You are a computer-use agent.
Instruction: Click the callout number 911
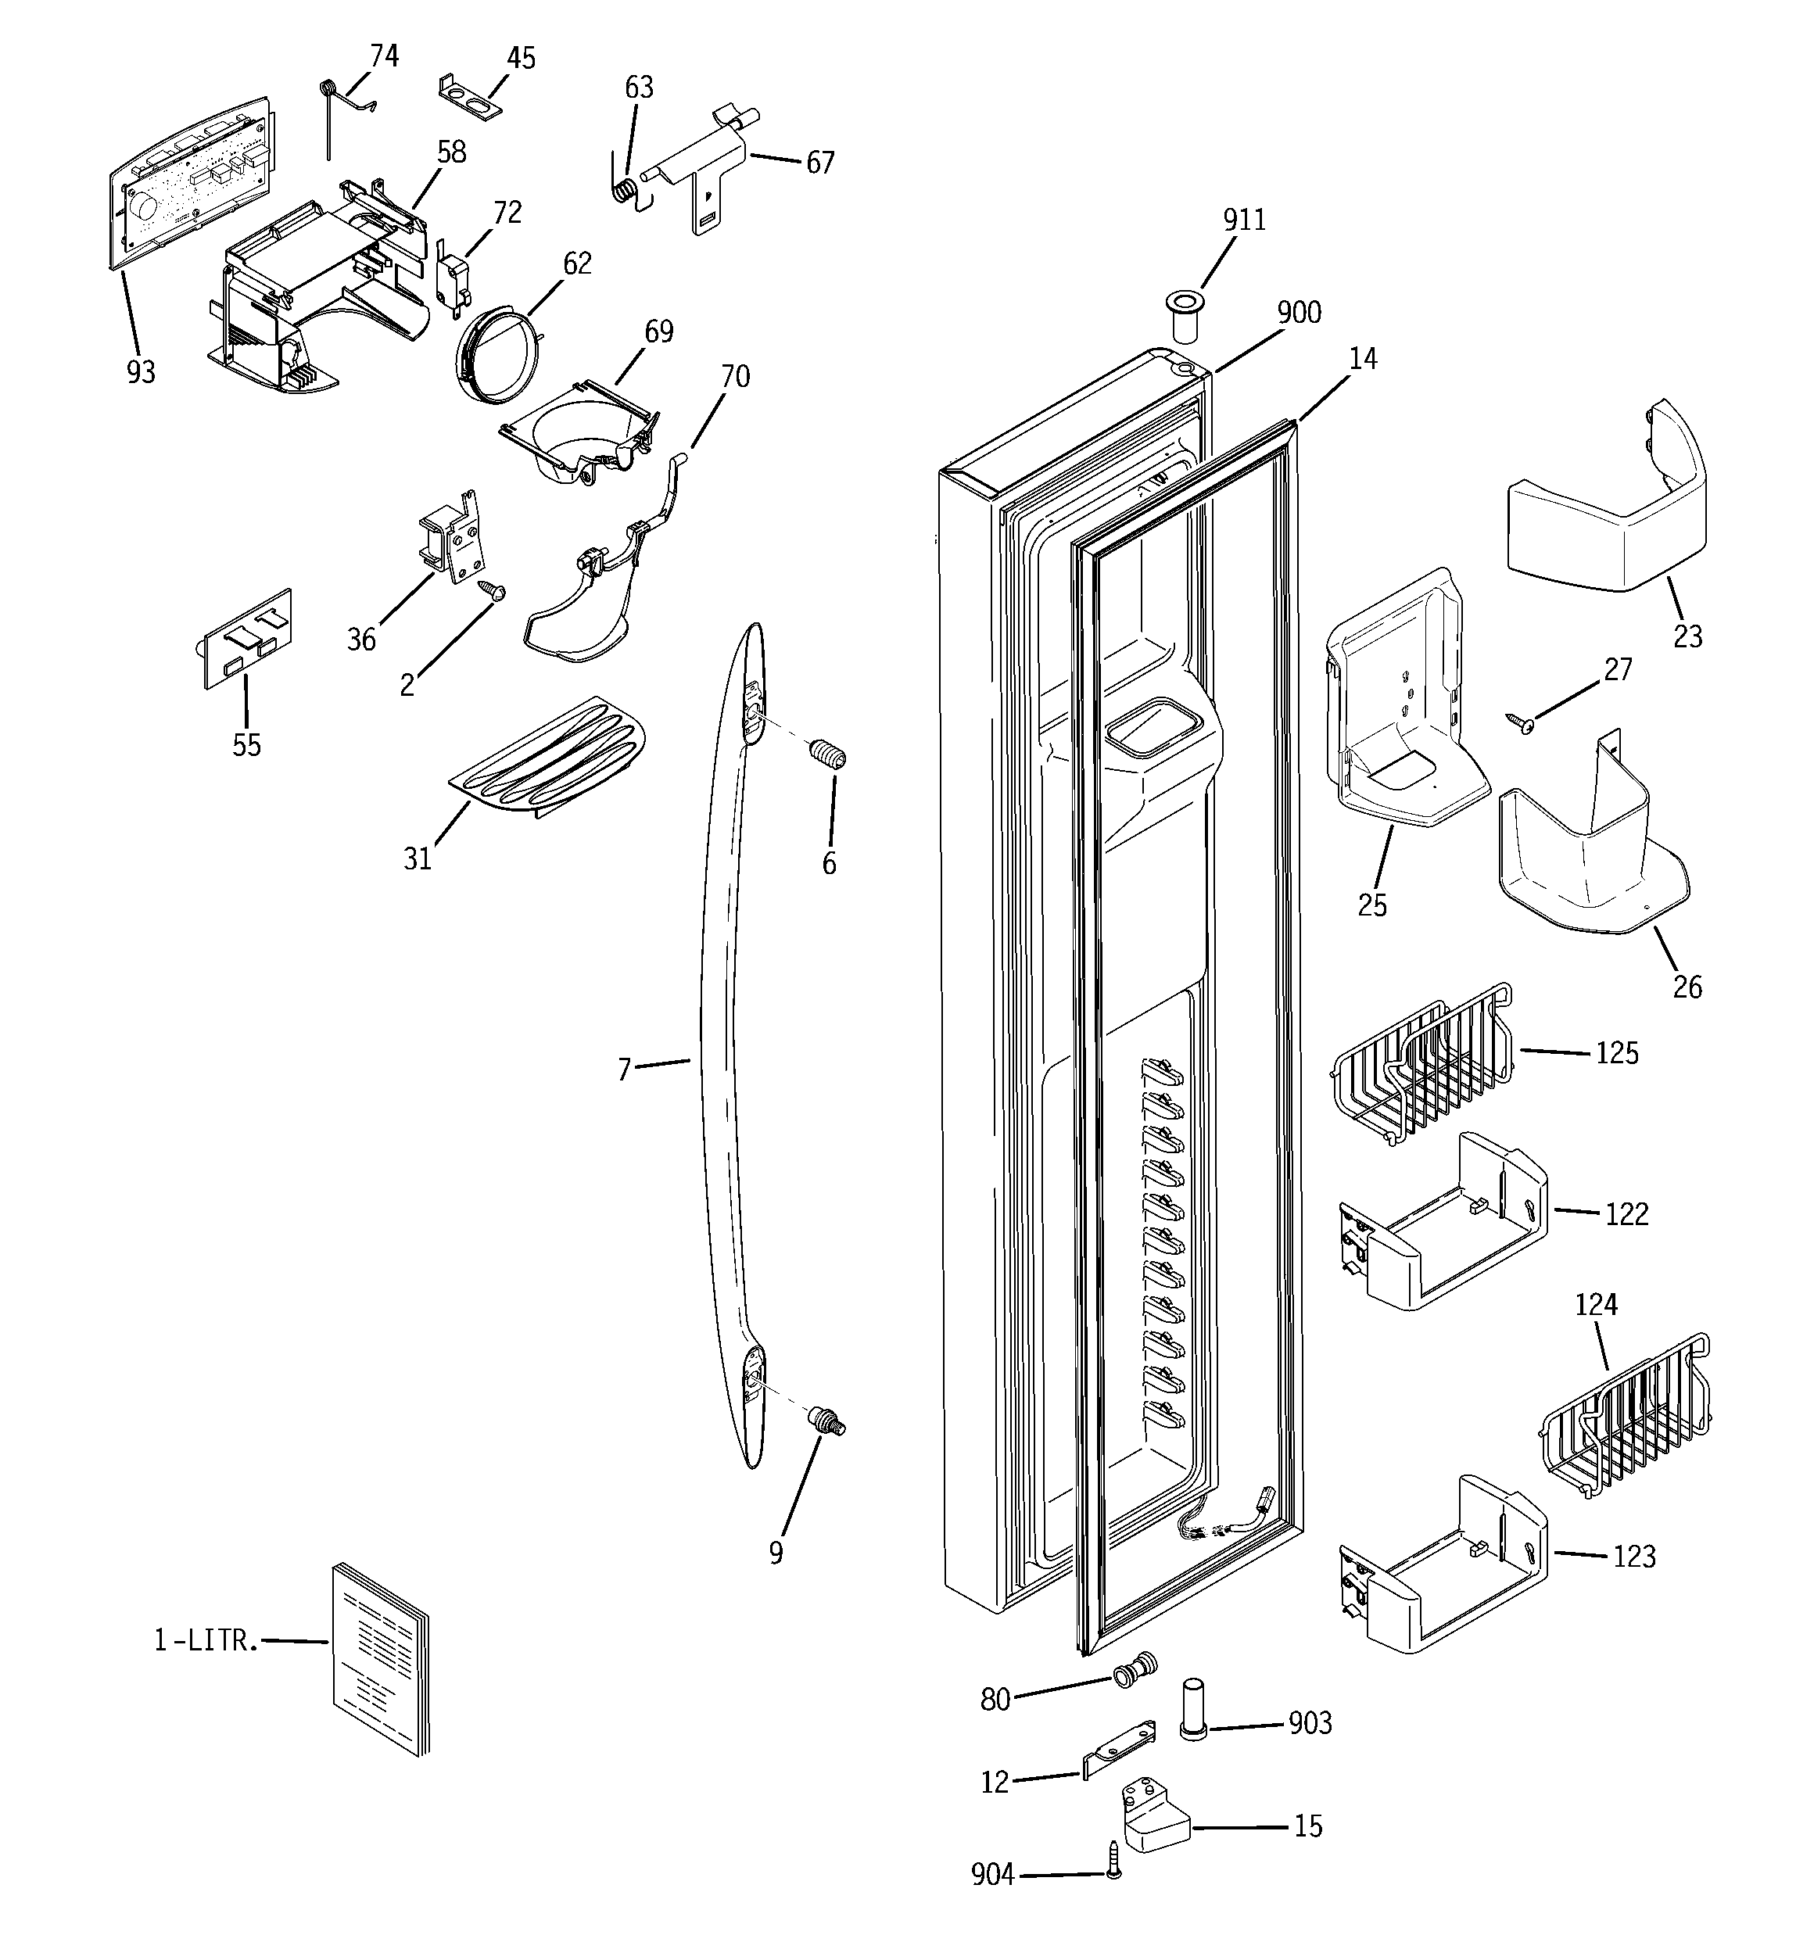coord(1244,221)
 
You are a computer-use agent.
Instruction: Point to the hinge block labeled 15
coord(1156,1819)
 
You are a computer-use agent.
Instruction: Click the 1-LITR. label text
coord(206,1641)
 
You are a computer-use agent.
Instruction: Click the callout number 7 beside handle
coord(625,1070)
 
